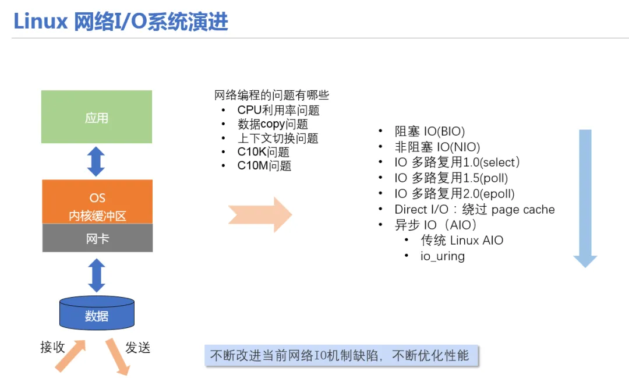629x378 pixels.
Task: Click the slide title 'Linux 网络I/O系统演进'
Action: coord(121,22)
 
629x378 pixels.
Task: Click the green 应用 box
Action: coord(97,117)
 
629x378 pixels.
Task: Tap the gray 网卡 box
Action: coord(97,238)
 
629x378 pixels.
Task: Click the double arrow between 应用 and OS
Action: coord(96,161)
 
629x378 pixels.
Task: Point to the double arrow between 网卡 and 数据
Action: coord(97,275)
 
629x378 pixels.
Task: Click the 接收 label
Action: coord(52,348)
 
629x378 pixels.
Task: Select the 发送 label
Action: coord(138,348)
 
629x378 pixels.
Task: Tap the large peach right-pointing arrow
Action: coord(259,214)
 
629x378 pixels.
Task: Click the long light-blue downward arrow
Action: coord(585,198)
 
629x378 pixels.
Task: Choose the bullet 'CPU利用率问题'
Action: coord(278,110)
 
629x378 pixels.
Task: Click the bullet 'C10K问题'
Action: coord(263,152)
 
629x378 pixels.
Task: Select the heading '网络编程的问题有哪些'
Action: coord(271,96)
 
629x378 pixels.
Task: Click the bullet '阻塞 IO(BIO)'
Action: coord(430,131)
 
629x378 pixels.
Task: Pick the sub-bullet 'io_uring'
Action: coord(443,256)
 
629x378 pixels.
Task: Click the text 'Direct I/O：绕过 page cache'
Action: coord(474,210)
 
